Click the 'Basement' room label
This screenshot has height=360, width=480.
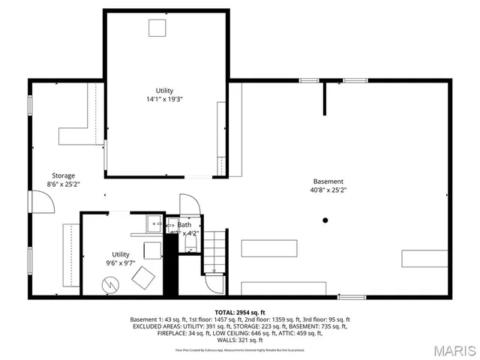328,181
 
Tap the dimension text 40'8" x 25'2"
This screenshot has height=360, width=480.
328,190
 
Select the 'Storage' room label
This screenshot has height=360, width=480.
63,175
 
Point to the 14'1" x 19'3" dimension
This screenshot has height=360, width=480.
164,99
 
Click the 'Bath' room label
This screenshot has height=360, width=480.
184,224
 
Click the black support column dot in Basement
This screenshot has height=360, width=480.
325,220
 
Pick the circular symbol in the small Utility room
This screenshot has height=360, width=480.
111,285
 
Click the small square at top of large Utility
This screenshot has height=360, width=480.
157,28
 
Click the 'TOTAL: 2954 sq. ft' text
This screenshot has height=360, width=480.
240,312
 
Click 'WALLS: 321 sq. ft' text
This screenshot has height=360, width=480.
240,340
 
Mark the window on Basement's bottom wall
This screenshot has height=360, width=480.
351,297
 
